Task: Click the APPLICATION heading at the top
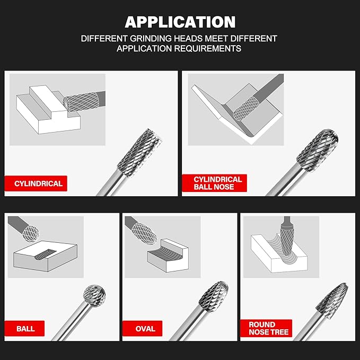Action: pyautogui.click(x=180, y=22)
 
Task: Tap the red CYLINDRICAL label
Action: pyautogui.click(x=38, y=184)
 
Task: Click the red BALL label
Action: pyautogui.click(x=25, y=329)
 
